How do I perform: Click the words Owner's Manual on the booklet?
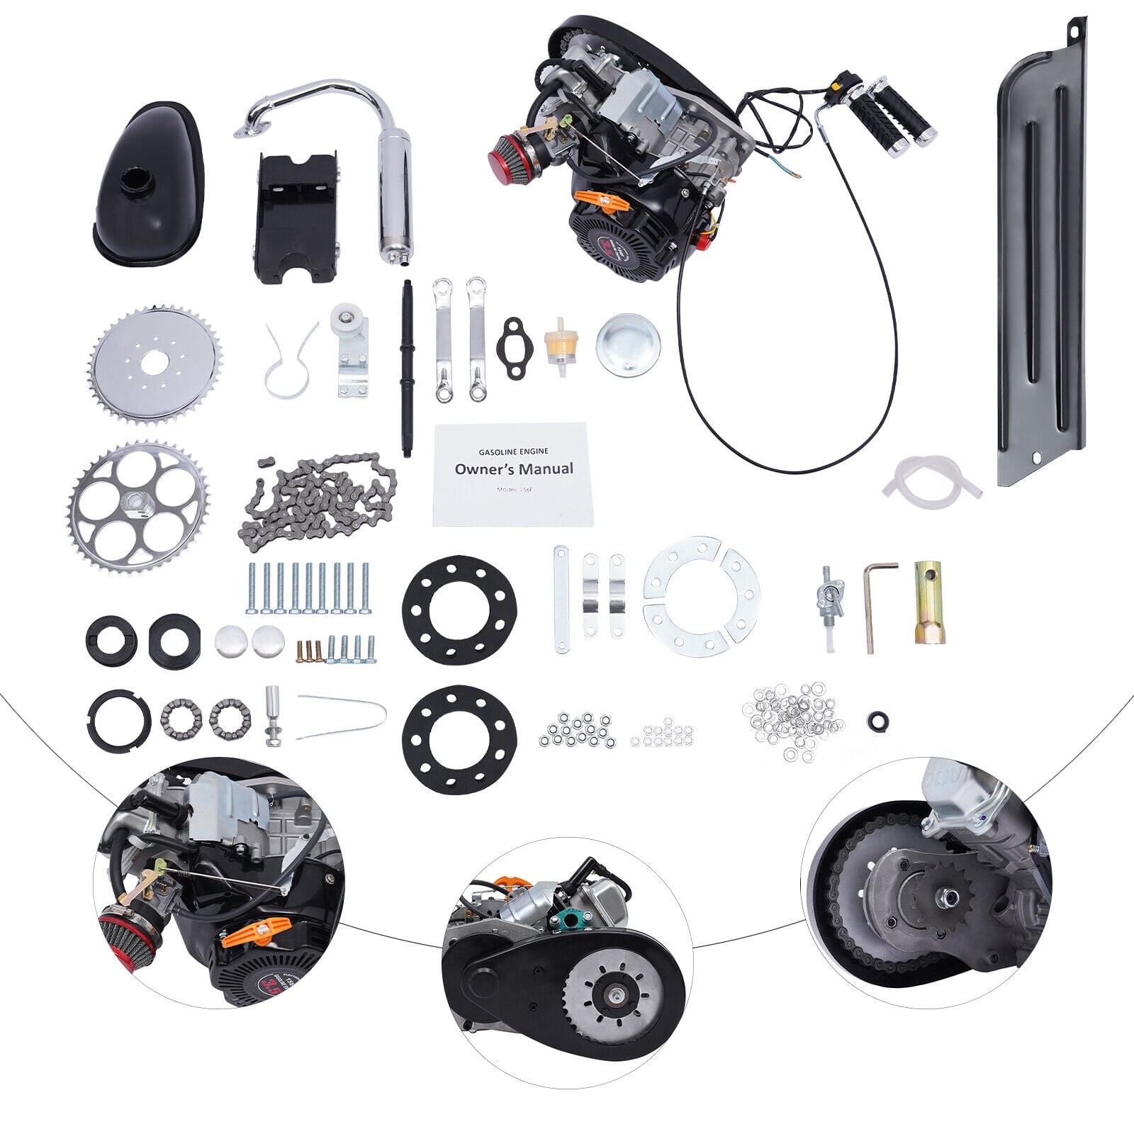click(514, 469)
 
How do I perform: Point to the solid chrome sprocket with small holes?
click(156, 366)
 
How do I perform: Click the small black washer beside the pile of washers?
click(878, 721)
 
